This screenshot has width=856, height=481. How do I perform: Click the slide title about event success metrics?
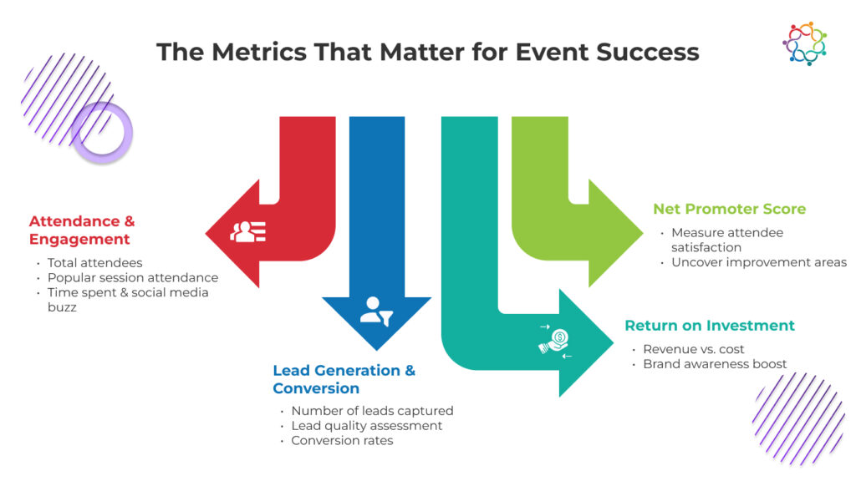427,52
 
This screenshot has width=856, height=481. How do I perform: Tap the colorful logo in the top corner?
804,43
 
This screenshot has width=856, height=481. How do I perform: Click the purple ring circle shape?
102,132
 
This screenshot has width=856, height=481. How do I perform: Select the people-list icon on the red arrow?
248,231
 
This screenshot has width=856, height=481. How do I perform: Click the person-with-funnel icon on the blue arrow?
374,311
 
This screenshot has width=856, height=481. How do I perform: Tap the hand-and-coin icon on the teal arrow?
555,341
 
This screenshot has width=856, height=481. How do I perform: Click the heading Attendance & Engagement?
82,230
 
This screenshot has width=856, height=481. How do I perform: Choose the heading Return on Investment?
710,326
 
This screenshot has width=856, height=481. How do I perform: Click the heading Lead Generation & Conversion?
344,379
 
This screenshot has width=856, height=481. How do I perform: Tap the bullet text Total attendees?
94,263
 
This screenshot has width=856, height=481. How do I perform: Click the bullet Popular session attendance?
132,277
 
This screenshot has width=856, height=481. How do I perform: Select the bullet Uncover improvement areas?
758,262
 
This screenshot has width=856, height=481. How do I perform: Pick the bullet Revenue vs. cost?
693,349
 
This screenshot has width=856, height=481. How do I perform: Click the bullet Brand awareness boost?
715,364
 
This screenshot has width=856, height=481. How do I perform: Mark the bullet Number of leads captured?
372,411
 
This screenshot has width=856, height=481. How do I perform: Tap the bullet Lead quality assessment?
366,426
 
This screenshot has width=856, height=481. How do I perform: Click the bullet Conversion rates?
342,440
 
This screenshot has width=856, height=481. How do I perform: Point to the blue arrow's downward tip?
375,347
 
